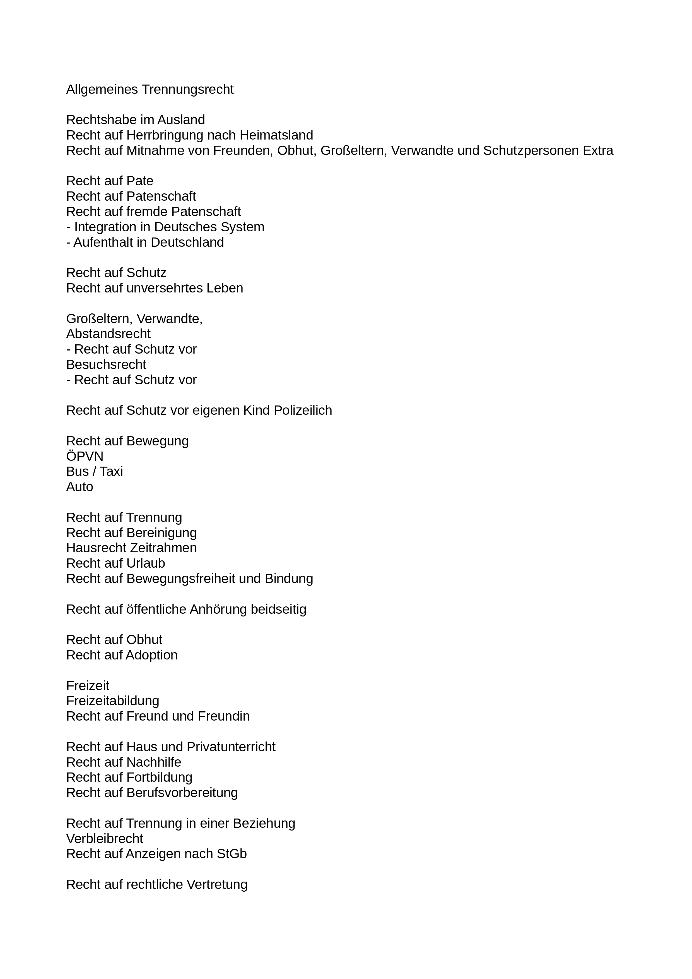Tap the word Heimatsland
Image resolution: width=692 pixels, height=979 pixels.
pyautogui.click(x=276, y=135)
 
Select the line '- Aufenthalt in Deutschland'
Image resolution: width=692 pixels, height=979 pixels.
pyautogui.click(x=145, y=242)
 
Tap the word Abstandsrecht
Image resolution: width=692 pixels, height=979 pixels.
pyautogui.click(x=108, y=334)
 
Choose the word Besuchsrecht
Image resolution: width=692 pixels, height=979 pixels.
pyautogui.click(x=106, y=364)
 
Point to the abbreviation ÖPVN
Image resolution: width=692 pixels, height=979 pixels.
pyautogui.click(x=85, y=456)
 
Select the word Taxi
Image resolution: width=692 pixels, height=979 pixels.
pyautogui.click(x=111, y=472)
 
